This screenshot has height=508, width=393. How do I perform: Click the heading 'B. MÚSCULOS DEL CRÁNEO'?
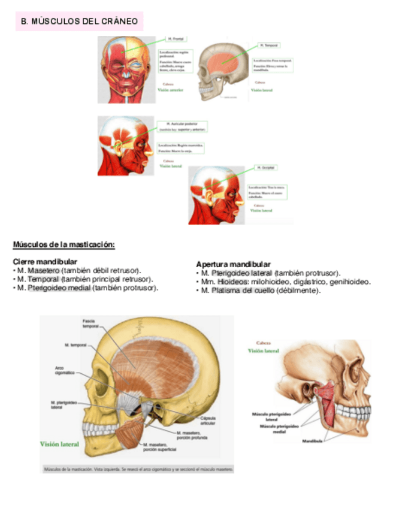pos(80,22)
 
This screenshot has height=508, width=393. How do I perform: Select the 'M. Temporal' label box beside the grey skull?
pos(270,45)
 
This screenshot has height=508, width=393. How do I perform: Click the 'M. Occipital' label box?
pos(265,167)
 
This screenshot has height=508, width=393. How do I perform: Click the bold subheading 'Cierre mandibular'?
pos(45,262)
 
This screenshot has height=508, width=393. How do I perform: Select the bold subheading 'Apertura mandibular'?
pos(233,264)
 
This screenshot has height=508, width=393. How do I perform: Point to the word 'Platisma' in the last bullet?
pos(224,291)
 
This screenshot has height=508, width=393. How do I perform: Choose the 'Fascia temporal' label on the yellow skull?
pos(90,324)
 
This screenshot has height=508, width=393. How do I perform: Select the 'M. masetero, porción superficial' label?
pos(161,446)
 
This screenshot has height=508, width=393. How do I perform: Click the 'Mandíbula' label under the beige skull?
pos(312,441)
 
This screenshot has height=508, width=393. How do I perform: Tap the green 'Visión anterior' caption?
pos(171,90)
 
